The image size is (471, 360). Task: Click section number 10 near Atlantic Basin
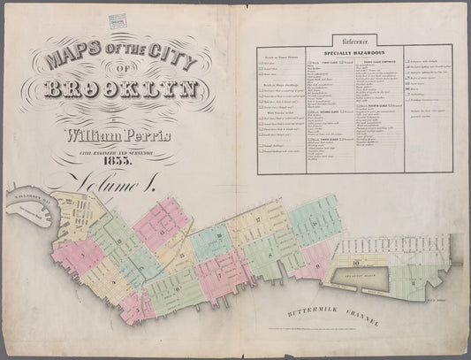[354, 263]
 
